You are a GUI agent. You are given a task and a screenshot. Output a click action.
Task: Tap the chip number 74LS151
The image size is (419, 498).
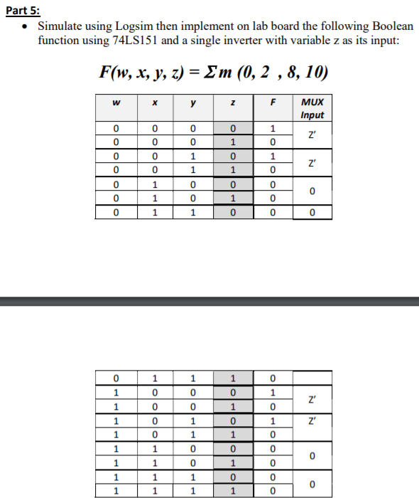[136, 40]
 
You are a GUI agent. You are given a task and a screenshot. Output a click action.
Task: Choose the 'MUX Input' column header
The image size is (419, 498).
[312, 110]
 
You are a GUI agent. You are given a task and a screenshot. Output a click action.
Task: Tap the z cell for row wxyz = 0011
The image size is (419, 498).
[232, 171]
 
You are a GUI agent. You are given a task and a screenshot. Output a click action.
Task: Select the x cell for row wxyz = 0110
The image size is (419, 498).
[153, 211]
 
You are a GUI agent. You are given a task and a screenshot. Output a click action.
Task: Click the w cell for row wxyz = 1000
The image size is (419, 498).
[115, 391]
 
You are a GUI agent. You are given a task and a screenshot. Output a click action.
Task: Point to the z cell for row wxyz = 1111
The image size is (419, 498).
[232, 490]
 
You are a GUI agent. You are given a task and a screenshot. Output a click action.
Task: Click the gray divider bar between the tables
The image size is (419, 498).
[209, 302]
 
